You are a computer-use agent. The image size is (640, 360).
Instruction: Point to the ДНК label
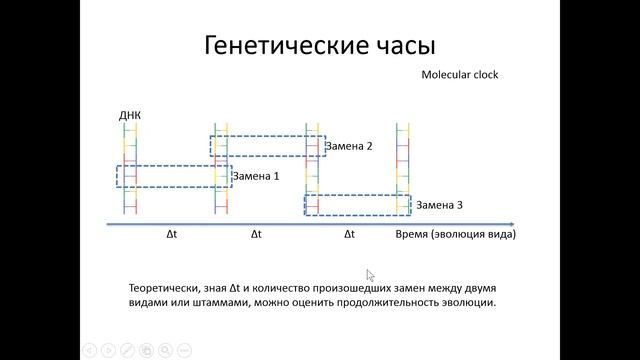click(x=130, y=115)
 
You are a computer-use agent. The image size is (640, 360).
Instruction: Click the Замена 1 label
click(x=256, y=176)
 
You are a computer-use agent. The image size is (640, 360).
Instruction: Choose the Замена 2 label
click(x=349, y=146)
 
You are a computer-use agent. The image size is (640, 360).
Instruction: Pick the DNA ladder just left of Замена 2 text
click(x=312, y=169)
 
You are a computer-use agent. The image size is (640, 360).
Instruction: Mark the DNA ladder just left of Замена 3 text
click(x=402, y=169)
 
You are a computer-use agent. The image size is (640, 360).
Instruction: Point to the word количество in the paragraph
click(x=273, y=288)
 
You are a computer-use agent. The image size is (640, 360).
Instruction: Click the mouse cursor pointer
click(x=371, y=276)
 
